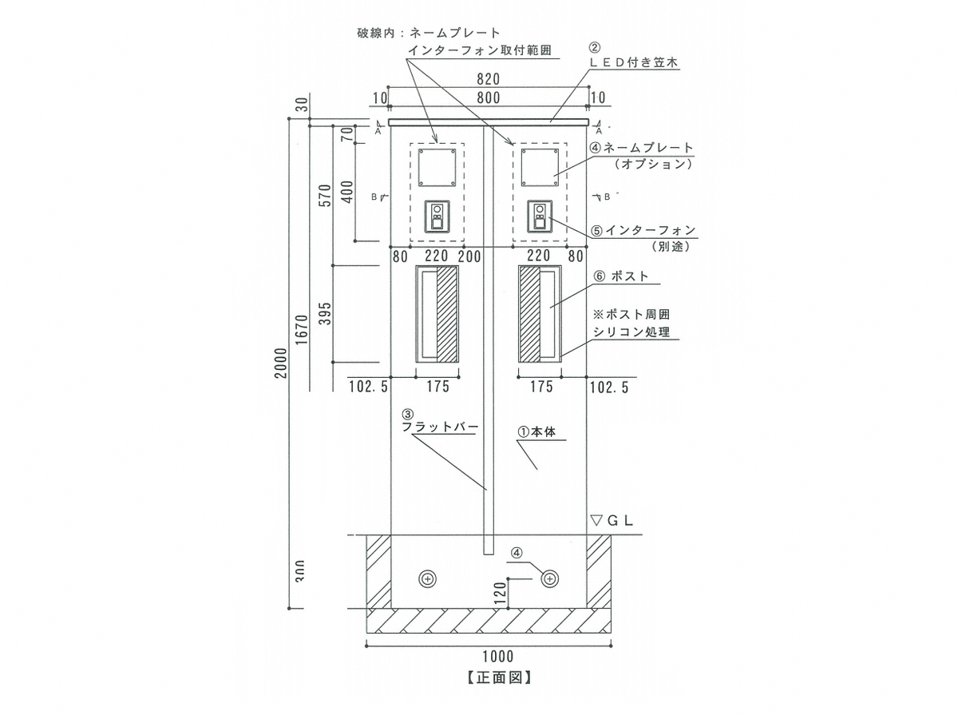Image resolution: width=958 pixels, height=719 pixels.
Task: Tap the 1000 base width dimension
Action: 497,657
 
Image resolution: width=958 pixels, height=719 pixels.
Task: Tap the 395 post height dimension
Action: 323,313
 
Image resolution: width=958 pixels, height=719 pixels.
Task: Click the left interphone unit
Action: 437,216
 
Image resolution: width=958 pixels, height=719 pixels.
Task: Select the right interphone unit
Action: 540,216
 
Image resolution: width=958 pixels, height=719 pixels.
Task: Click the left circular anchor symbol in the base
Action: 428,578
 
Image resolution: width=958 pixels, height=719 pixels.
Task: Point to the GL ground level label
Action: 612,520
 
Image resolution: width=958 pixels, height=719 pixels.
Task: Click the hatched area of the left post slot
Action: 448,314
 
